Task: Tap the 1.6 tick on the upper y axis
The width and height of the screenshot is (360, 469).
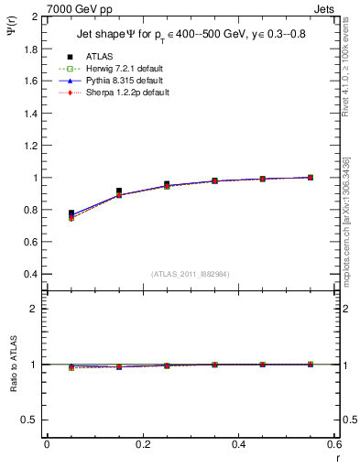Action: pyautogui.click(x=30, y=82)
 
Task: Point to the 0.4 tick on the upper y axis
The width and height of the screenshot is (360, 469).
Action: pyautogui.click(x=30, y=274)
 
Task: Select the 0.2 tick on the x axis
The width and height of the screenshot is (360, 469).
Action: pyautogui.click(x=142, y=444)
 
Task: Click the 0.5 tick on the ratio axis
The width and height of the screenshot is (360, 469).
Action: pyautogui.click(x=30, y=420)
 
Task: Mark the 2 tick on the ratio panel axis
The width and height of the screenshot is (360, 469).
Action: pyautogui.click(x=34, y=309)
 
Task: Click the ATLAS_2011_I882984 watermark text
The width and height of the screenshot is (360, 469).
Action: pyautogui.click(x=191, y=274)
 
